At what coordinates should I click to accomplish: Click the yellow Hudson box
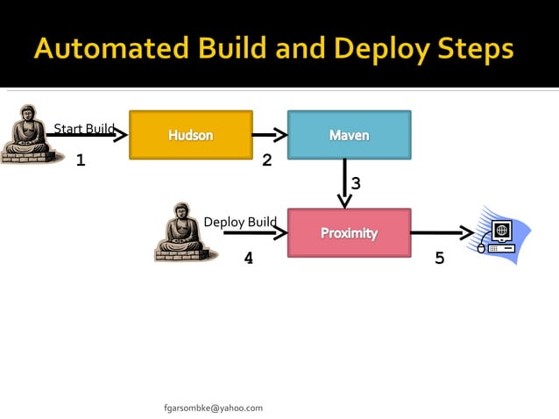(191, 135)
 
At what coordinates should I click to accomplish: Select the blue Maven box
(349, 135)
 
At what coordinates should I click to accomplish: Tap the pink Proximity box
(349, 233)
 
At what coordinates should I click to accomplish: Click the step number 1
(81, 160)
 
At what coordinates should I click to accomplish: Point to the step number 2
(267, 160)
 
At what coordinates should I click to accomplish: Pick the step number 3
(356, 183)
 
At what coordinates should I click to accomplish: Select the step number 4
(249, 259)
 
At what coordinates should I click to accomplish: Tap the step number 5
(439, 259)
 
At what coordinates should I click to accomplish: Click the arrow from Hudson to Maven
(270, 135)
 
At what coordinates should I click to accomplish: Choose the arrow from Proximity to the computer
(442, 233)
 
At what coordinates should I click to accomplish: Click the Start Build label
(84, 130)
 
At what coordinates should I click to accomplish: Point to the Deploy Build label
(240, 222)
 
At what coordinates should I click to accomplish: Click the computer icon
(499, 235)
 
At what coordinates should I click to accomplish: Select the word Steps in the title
(474, 50)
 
